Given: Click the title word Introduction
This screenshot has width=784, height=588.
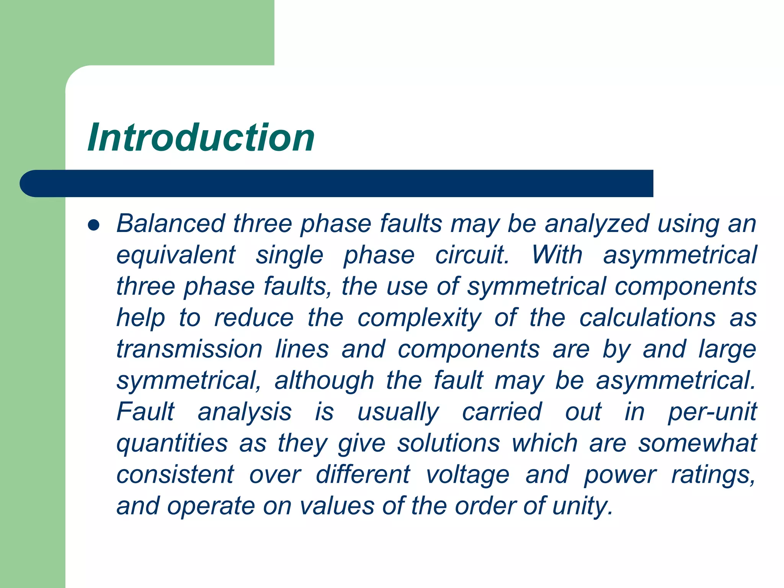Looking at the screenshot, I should point(201,138).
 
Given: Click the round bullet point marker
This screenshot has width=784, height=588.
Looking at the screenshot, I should point(93,225).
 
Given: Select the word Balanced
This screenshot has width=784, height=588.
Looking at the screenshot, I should point(171,224).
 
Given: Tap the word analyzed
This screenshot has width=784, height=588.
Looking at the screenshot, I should point(597,224).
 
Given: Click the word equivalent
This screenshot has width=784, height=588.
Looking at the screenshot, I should point(176,255).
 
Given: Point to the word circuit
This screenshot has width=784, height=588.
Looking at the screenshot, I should point(472,255).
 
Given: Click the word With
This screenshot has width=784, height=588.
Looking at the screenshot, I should point(557,255).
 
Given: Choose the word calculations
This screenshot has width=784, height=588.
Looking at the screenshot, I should point(647,318).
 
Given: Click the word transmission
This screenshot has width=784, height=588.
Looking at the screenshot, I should point(189,349).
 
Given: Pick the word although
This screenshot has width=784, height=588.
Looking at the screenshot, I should point(324,381).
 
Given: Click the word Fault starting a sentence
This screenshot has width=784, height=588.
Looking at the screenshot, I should point(145,412).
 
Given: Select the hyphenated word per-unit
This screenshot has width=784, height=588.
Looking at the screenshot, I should point(712,413).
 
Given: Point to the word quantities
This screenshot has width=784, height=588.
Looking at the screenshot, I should point(172,444).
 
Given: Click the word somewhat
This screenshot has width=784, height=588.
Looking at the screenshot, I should point(697,443).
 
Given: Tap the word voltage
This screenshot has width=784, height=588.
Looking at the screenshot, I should point(467,475).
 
